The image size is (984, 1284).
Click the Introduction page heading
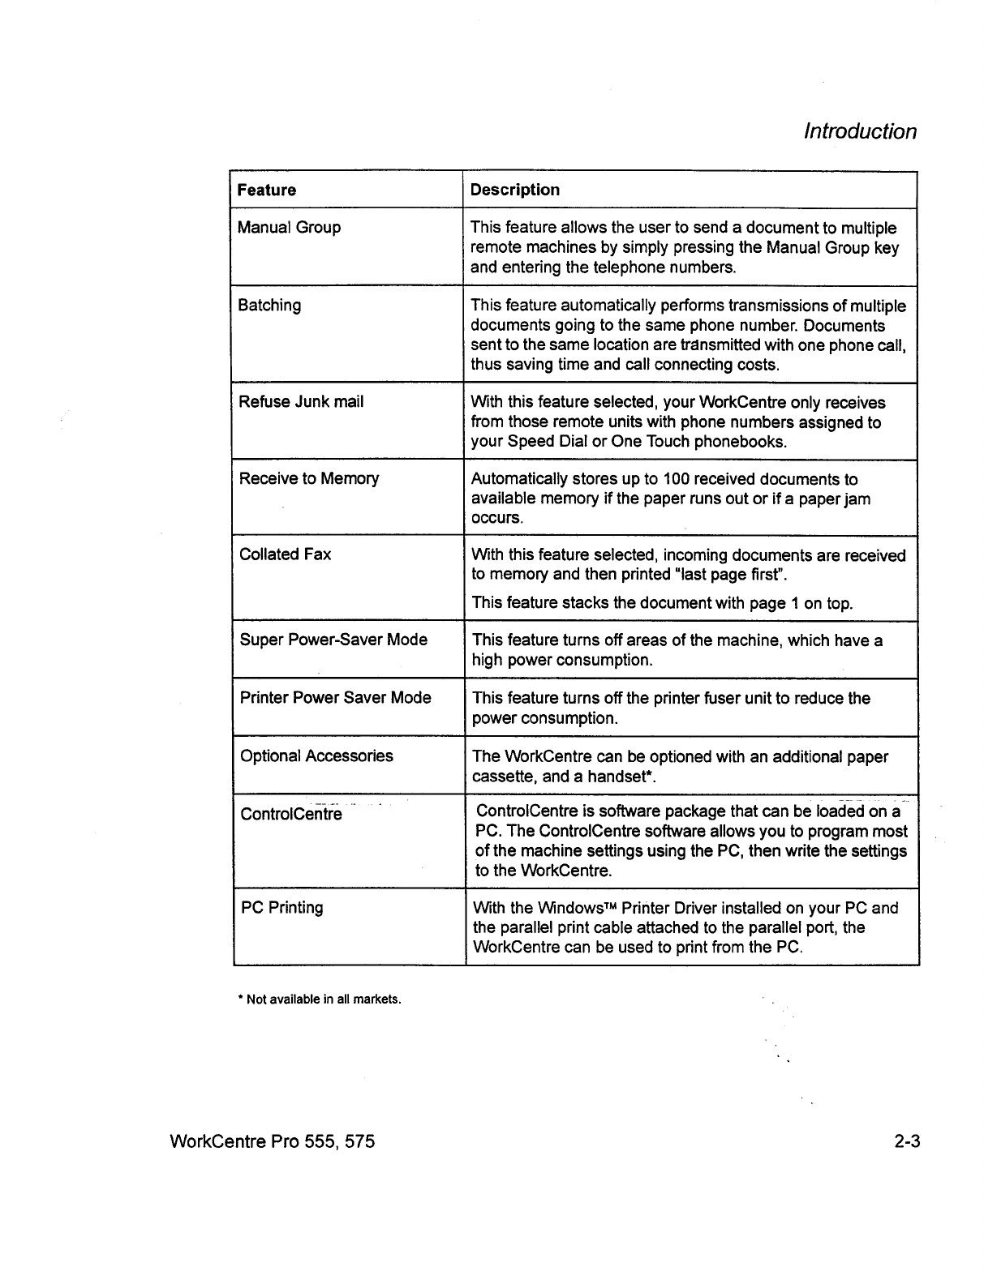(x=860, y=131)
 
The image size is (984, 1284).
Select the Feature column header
(x=267, y=190)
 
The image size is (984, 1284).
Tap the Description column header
(x=515, y=190)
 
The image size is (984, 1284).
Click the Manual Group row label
(x=289, y=227)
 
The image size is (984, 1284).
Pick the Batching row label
(x=269, y=306)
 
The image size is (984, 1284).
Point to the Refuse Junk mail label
(x=301, y=401)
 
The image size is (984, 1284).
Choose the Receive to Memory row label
(x=309, y=478)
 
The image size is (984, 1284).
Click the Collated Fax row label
(x=286, y=554)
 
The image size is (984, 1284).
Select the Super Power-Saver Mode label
(x=333, y=640)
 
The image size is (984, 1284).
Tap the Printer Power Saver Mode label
(x=336, y=697)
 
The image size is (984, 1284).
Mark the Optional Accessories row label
(x=316, y=755)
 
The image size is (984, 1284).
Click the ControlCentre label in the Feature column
(x=291, y=814)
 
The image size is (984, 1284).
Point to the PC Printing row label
(x=282, y=907)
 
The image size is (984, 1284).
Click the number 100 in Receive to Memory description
(x=676, y=479)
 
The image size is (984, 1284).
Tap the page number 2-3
(x=908, y=1142)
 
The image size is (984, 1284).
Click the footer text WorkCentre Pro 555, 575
(x=273, y=1142)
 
